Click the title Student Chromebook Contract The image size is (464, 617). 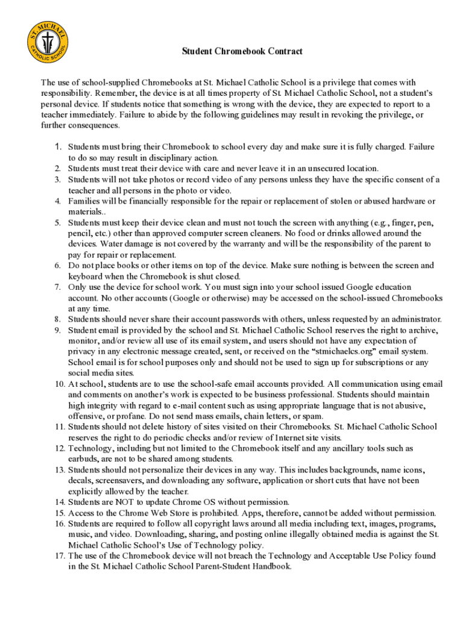(x=242, y=52)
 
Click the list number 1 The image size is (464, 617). (x=58, y=146)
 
